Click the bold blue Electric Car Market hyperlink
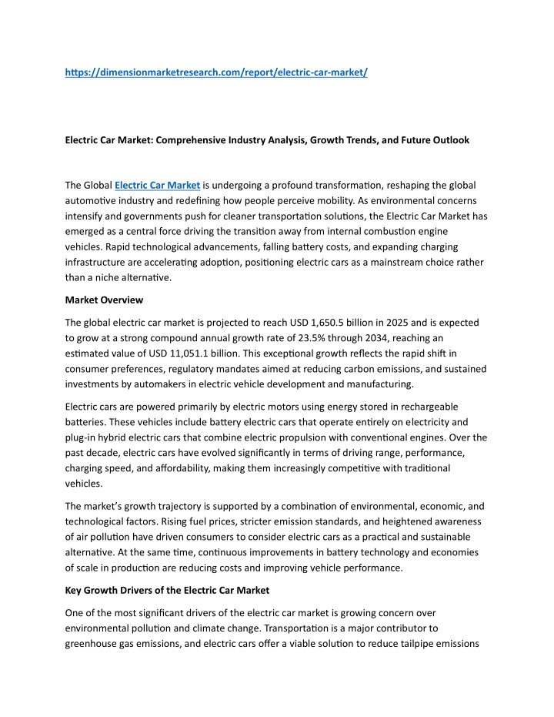(158, 185)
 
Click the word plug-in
(82, 436)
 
